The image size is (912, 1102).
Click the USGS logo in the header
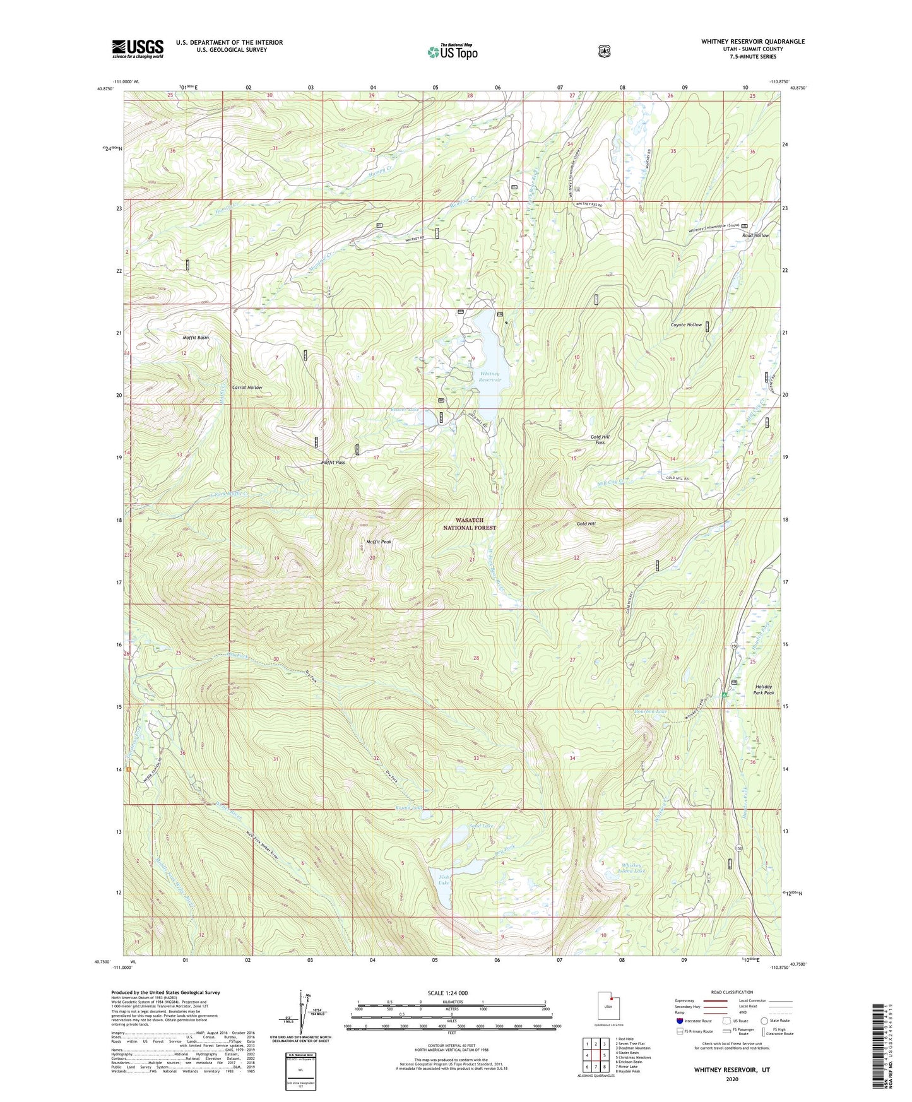point(138,49)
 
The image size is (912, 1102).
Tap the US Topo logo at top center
point(452,52)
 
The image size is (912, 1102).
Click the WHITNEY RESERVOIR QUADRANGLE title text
point(752,42)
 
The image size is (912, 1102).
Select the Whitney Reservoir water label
point(490,377)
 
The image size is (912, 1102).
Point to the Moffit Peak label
point(379,542)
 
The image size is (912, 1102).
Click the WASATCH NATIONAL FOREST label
point(469,524)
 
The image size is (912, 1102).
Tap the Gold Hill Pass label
point(600,439)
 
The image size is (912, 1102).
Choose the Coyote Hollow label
point(685,324)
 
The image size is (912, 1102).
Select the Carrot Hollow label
point(247,387)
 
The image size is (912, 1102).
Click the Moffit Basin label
point(196,338)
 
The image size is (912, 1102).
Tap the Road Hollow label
point(755,235)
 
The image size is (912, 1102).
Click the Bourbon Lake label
point(650,711)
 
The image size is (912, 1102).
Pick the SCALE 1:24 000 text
point(447,993)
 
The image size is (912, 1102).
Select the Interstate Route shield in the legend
point(679,1021)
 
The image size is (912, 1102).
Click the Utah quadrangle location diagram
point(608,1005)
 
